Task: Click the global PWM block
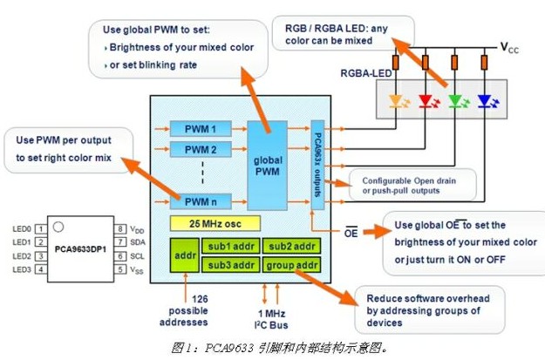click(268, 164)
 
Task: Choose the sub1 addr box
click(230, 246)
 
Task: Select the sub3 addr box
click(230, 265)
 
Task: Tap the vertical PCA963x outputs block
click(317, 166)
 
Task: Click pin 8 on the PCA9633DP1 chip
click(123, 228)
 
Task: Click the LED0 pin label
click(22, 228)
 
